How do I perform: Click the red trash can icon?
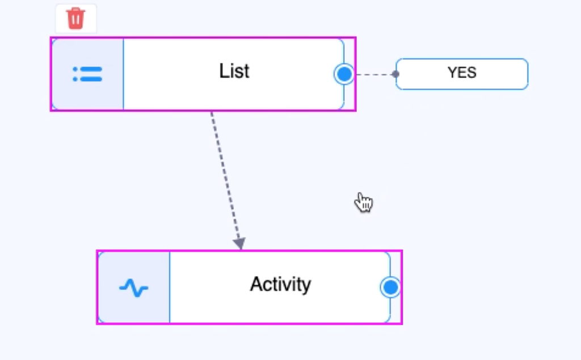[x=75, y=19]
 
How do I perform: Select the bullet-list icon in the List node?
[x=87, y=74]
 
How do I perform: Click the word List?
[x=234, y=71]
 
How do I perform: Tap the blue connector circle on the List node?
[x=344, y=74]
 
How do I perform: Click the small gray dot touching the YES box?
[x=395, y=74]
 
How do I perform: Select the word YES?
[x=462, y=73]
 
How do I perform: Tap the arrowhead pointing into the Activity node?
[x=239, y=244]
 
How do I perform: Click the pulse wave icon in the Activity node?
[x=133, y=288]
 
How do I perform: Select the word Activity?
[x=280, y=284]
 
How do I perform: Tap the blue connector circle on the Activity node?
[x=390, y=287]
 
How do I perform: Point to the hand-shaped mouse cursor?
[x=364, y=202]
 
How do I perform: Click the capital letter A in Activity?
[x=256, y=284]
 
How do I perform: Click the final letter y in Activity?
[x=306, y=286]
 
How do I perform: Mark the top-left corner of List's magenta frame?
[x=51, y=38]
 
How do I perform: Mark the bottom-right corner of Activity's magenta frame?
[x=402, y=324]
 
